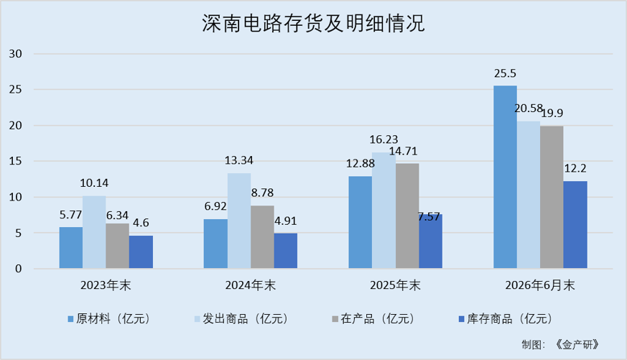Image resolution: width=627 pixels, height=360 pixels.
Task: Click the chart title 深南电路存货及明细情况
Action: (313, 23)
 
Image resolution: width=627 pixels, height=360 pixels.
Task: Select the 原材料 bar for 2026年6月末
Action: (505, 177)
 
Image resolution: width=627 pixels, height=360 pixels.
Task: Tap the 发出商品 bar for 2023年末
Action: (94, 232)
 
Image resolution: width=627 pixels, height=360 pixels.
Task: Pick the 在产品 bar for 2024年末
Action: (262, 237)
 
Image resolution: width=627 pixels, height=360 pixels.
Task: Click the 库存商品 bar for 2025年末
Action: (431, 241)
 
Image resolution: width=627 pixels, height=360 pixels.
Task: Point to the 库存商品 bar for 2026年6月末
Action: (575, 225)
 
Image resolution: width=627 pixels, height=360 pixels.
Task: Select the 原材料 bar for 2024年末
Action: (215, 244)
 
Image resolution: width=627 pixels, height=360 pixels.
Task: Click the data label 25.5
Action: (505, 73)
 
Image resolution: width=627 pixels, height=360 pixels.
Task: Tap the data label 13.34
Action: (238, 160)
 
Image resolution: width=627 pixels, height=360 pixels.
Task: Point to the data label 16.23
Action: (384, 139)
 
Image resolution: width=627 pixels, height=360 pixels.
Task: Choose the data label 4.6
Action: (141, 223)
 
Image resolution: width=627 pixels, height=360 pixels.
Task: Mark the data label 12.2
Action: (575, 168)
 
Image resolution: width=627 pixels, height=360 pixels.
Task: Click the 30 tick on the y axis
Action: (16, 54)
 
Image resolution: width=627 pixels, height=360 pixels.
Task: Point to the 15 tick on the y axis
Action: (16, 161)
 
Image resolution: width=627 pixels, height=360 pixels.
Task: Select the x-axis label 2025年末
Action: (395, 285)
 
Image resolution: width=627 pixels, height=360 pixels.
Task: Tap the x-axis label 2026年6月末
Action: (540, 285)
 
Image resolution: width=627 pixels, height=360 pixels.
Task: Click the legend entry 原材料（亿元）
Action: (108, 319)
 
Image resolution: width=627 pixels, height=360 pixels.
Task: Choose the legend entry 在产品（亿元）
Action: (373, 319)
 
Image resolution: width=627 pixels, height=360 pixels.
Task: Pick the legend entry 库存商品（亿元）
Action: (506, 319)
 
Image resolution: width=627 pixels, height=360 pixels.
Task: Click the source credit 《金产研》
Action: (577, 344)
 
